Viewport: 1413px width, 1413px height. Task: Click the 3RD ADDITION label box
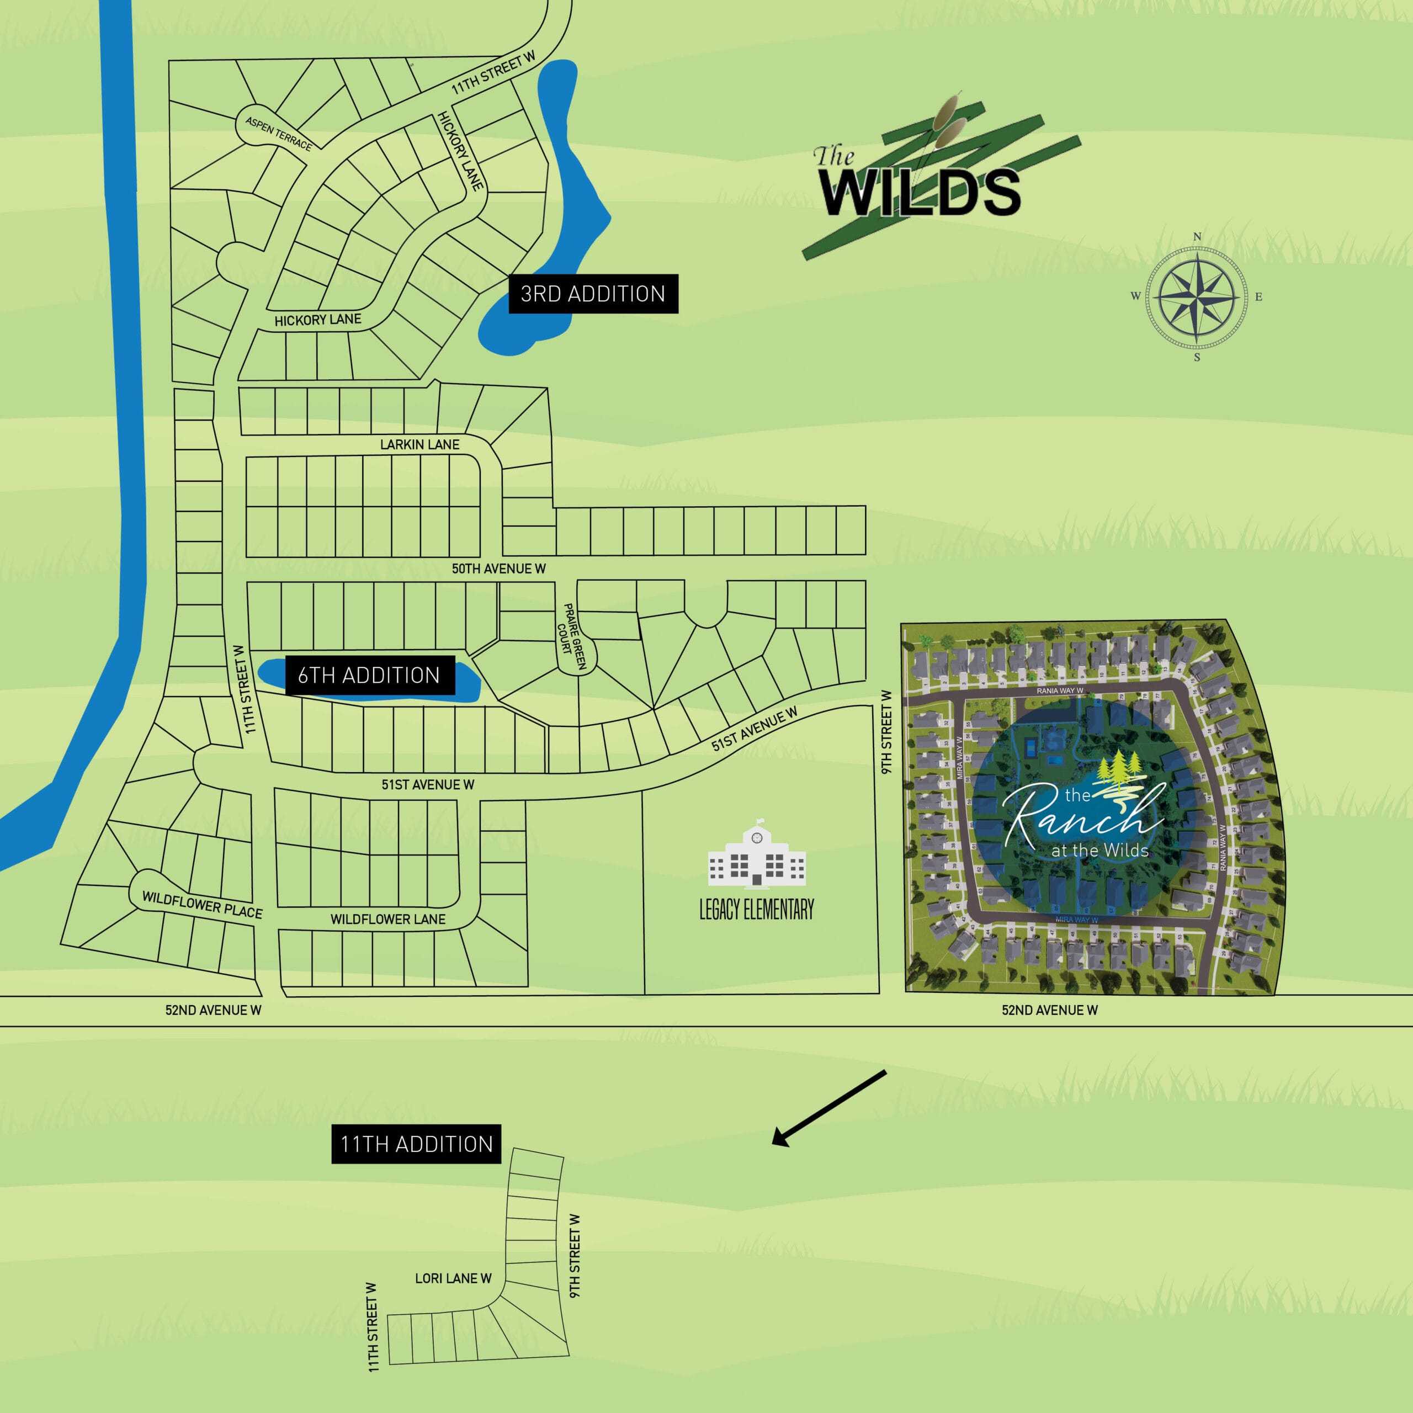[x=593, y=294]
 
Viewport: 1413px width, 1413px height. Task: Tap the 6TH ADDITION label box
[x=369, y=675]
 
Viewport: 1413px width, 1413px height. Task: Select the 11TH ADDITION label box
[x=416, y=1144]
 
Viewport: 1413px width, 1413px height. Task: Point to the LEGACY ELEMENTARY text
[x=756, y=910]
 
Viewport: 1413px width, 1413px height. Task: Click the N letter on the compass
[x=1197, y=237]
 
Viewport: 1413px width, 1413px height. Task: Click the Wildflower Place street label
[x=202, y=905]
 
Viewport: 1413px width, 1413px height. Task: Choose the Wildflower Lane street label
[x=387, y=920]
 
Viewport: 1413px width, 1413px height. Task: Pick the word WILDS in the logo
[x=920, y=192]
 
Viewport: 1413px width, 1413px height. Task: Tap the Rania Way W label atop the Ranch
[x=1060, y=690]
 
